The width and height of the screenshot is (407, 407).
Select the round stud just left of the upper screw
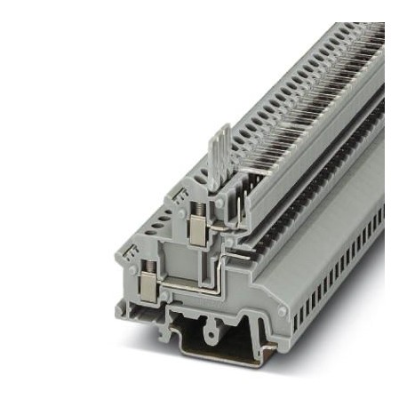point(181,213)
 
